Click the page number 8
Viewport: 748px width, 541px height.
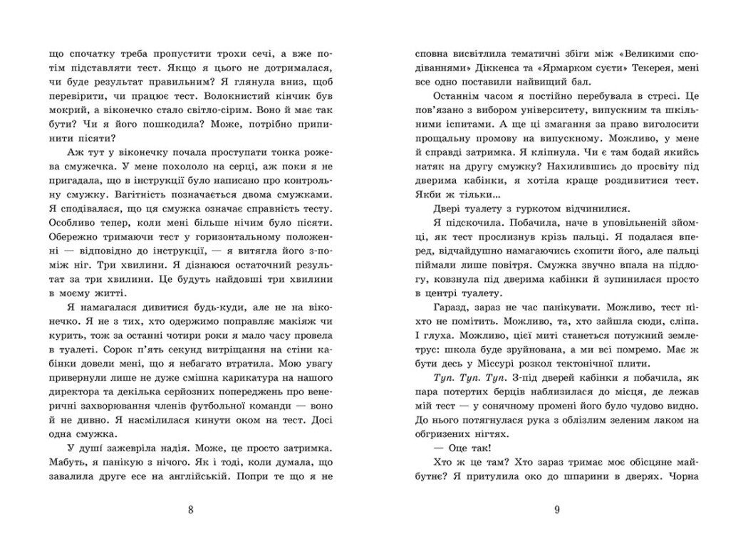pos(189,509)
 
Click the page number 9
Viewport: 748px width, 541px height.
pos(556,509)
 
